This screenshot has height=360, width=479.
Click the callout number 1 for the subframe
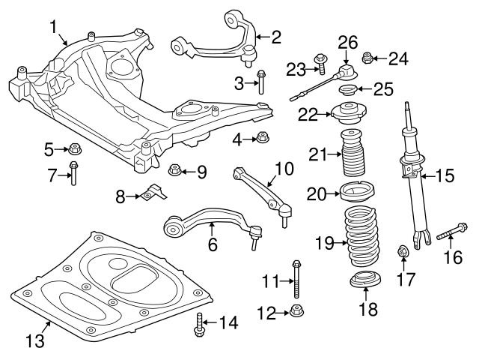(x=54, y=28)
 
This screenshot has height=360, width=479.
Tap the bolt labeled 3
(x=261, y=82)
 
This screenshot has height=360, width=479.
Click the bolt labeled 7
(x=73, y=175)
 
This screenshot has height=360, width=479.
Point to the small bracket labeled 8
(x=153, y=193)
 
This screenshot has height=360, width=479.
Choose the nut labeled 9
(x=174, y=171)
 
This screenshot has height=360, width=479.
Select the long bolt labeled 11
(x=296, y=278)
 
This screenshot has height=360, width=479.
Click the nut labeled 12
(x=296, y=311)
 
